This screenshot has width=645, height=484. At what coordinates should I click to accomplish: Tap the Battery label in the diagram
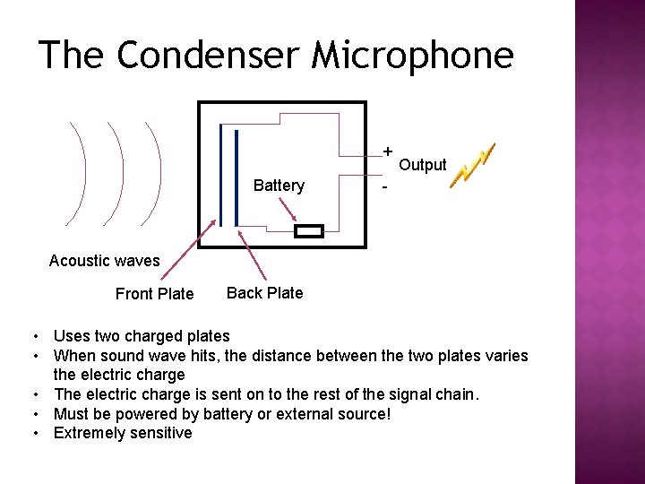click(279, 186)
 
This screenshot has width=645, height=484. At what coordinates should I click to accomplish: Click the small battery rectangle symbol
click(309, 231)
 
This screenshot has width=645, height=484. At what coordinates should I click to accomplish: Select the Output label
click(422, 165)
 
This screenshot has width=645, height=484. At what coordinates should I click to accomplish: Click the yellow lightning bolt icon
click(471, 167)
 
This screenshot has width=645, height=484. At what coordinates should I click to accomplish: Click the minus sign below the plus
click(384, 188)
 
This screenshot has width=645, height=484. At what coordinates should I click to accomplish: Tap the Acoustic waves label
click(104, 261)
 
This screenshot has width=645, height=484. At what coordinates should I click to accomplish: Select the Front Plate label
click(154, 294)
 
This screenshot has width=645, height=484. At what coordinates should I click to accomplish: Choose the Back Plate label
click(264, 292)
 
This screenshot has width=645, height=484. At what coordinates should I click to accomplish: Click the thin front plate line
click(219, 179)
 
